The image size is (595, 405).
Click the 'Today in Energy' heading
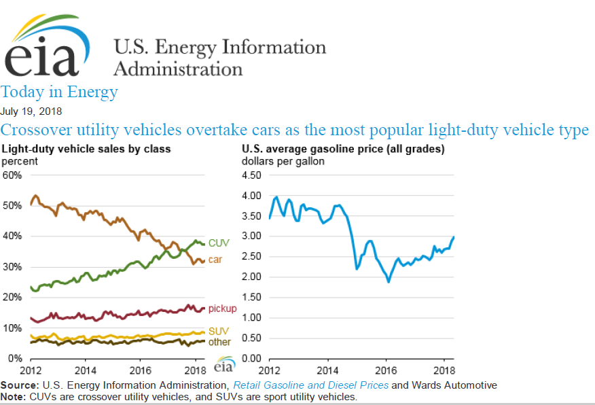59,92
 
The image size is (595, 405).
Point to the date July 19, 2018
31,111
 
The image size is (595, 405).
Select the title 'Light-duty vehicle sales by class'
86,148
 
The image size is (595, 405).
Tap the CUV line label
218,243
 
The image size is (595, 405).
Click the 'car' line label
215,259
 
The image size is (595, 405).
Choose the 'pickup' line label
222,309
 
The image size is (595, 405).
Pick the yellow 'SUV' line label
218,330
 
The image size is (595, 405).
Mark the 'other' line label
219,342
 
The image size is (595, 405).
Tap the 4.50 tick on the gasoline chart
251,175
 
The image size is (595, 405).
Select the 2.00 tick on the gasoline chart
251,277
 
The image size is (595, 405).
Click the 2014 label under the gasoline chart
327,370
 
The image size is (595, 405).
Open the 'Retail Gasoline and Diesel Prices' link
311,385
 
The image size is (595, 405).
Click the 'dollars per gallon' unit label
283,161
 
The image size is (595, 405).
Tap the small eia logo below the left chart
223,366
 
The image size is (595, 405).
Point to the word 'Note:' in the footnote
13,396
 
